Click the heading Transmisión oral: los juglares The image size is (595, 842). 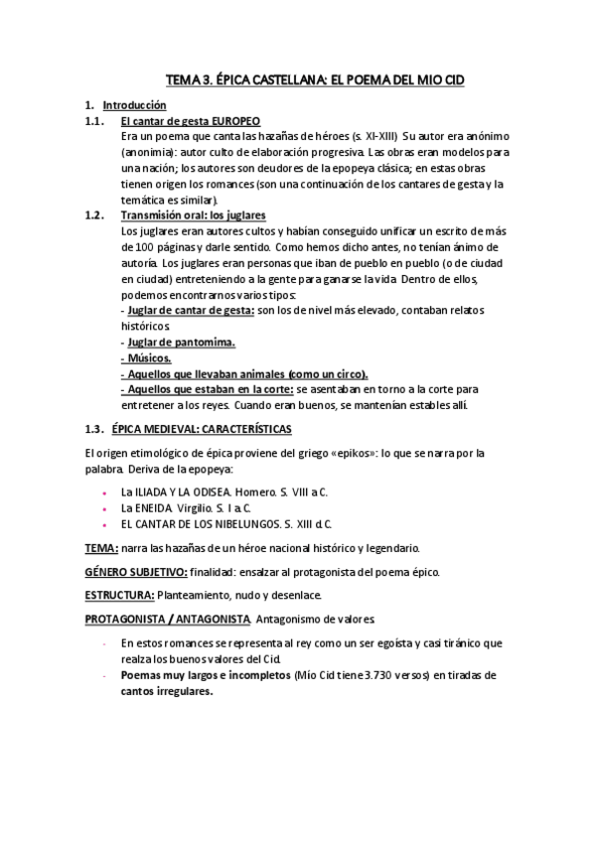click(x=193, y=215)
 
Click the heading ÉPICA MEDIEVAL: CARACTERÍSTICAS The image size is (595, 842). click(x=202, y=428)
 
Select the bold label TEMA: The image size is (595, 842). click(x=101, y=547)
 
